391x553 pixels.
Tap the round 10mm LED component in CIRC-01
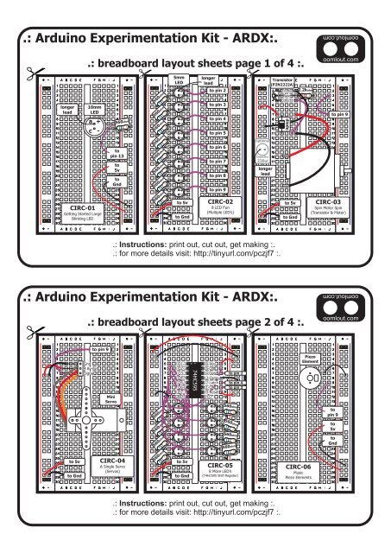94,130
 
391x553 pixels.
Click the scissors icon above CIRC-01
33,73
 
